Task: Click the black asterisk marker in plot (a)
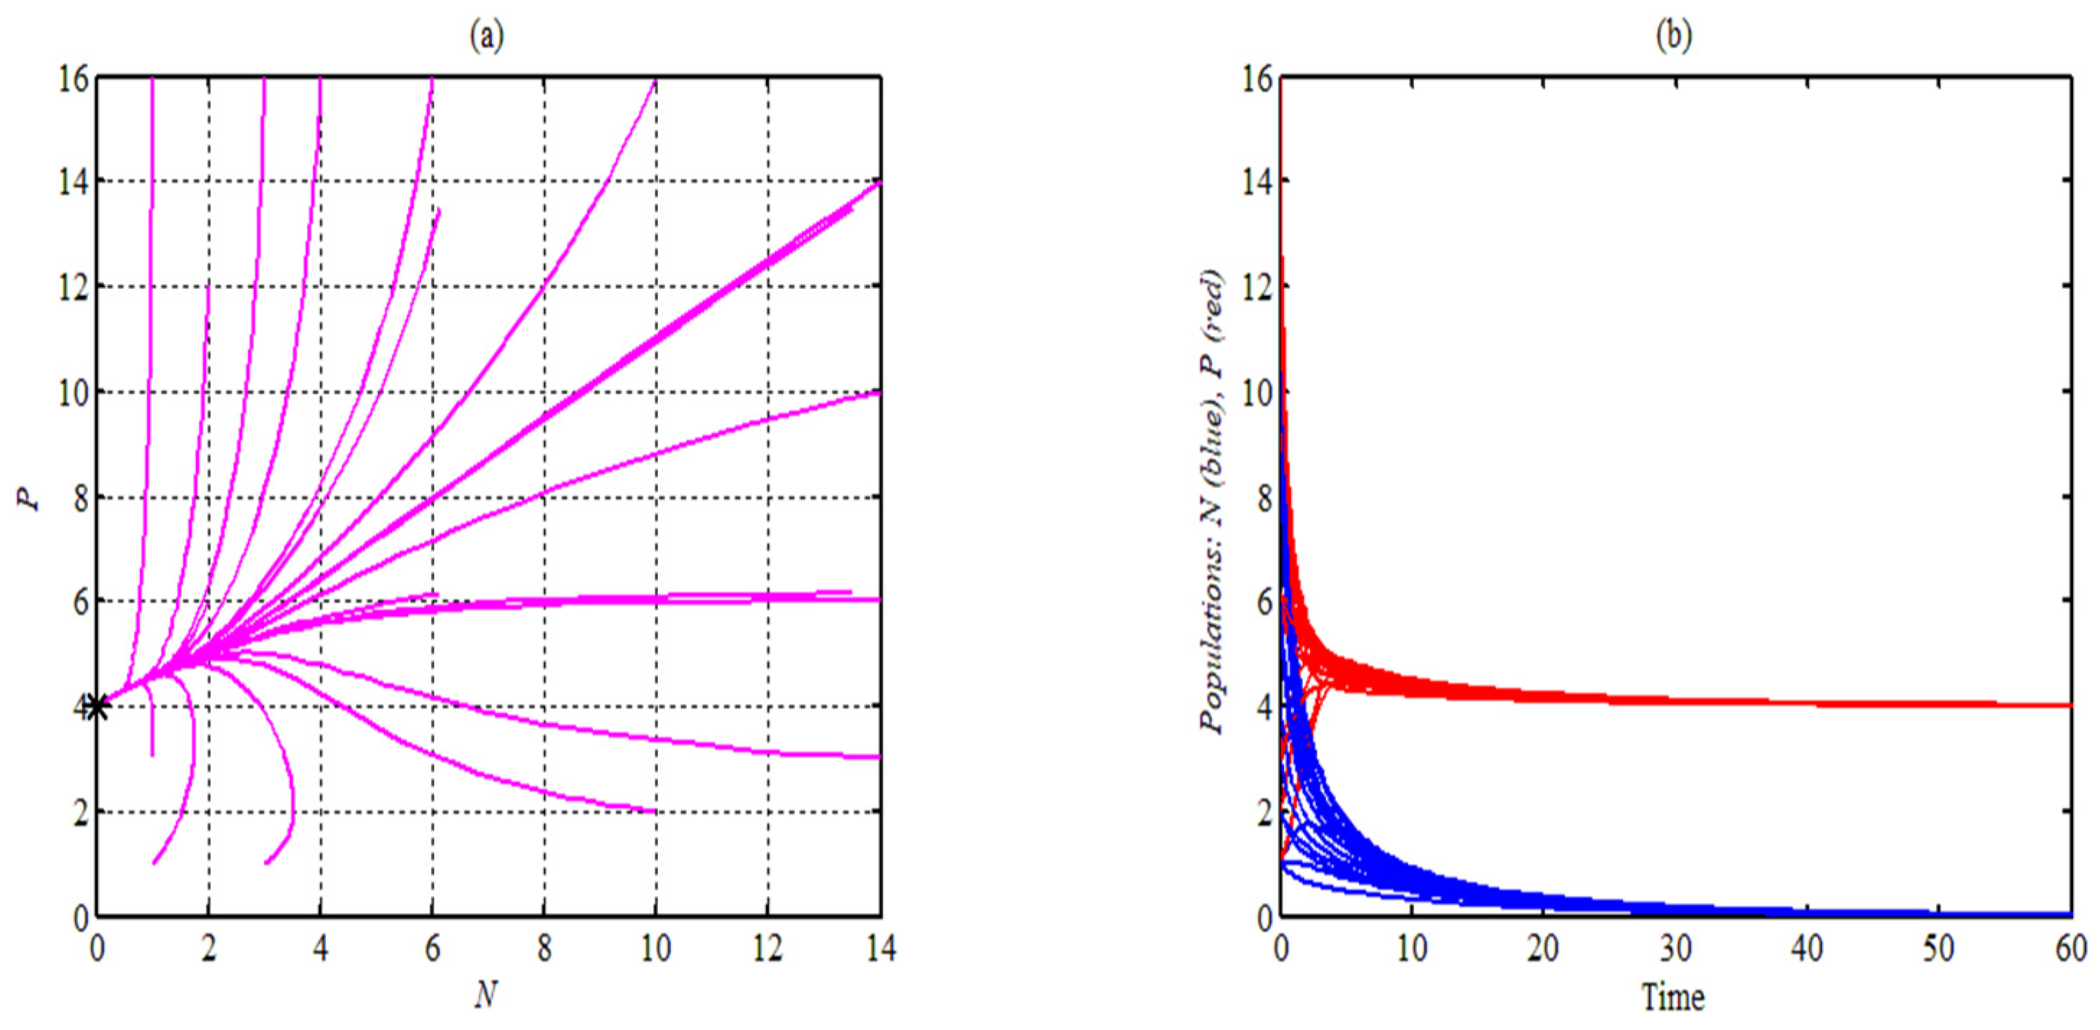point(97,706)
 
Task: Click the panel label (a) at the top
point(487,37)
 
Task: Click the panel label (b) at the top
point(1674,37)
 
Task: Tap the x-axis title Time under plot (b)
point(1673,996)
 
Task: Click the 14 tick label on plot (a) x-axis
point(879,948)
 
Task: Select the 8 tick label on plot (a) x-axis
point(544,948)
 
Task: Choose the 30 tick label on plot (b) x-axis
point(1675,948)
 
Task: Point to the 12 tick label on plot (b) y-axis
point(1255,287)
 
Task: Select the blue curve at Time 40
point(1807,911)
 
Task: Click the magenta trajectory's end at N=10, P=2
point(653,811)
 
